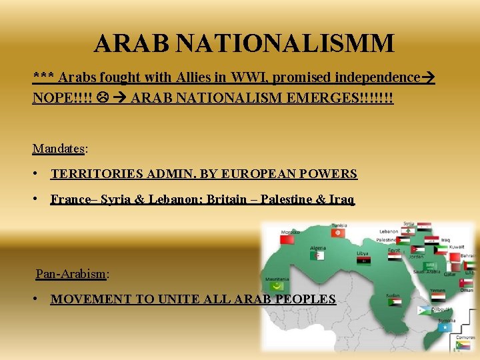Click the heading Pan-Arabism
coord(71,273)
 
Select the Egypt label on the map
coord(395,251)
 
